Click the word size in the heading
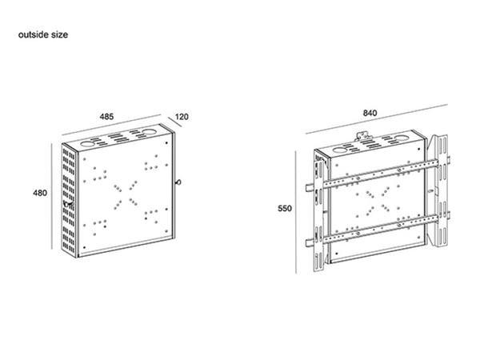(60, 34)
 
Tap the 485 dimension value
(106, 117)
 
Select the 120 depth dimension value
(182, 117)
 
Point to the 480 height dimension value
(40, 193)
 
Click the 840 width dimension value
(370, 114)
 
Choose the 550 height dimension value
(285, 209)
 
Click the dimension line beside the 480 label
(52, 196)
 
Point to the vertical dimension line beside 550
(296, 212)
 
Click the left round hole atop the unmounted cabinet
(88, 143)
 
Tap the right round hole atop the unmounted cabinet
(149, 132)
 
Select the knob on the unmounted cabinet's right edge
(178, 182)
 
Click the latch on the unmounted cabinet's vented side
(68, 203)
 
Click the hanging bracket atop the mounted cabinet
(362, 136)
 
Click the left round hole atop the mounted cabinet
(340, 150)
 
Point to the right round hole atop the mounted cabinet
(401, 138)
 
